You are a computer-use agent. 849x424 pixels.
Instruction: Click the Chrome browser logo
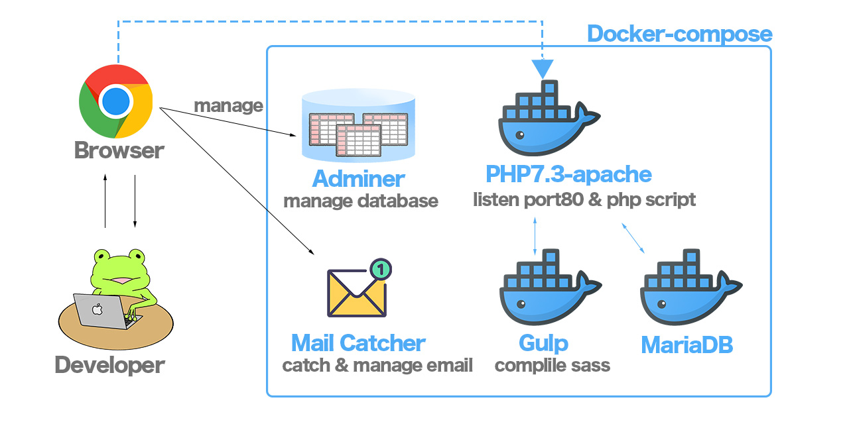[116, 101]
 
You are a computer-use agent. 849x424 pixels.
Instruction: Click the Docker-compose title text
[680, 34]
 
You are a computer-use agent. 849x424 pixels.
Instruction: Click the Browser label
[119, 150]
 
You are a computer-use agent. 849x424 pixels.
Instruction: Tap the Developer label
[109, 365]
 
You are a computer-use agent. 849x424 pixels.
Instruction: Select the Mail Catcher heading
[358, 343]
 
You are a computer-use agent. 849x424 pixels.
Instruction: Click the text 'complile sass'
[553, 365]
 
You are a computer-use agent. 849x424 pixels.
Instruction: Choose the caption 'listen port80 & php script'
[584, 199]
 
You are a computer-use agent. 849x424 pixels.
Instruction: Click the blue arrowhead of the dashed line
[543, 68]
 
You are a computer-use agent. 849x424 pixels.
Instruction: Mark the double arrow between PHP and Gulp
[535, 235]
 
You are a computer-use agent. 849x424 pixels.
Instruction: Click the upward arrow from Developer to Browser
[105, 201]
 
